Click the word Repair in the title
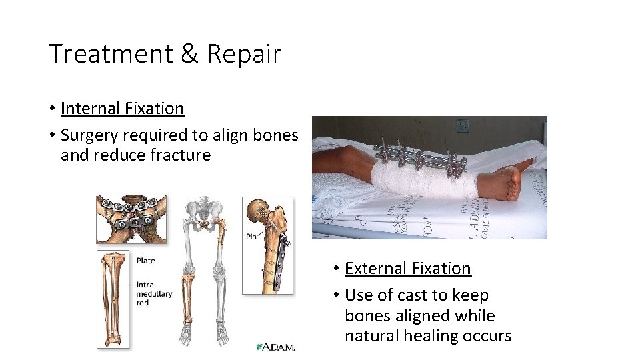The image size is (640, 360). [244, 54]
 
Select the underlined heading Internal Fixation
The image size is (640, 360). [122, 108]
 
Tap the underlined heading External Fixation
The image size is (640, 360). [407, 268]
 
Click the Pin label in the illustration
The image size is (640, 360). [251, 236]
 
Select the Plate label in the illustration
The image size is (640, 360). [145, 260]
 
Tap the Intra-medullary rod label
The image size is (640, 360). [153, 293]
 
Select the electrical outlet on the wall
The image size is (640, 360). [462, 125]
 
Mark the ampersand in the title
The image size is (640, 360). [189, 54]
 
